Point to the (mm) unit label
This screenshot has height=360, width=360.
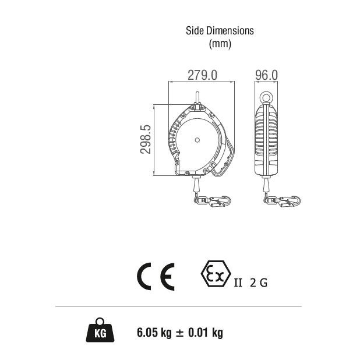pyautogui.click(x=220, y=43)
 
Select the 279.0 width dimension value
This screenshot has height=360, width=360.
pyautogui.click(x=202, y=75)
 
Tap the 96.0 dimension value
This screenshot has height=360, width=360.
pyautogui.click(x=266, y=75)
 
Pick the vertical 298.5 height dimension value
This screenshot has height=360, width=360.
pyautogui.click(x=146, y=139)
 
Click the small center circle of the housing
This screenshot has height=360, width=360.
pyautogui.click(x=197, y=140)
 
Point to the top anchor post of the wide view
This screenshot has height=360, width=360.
pyautogui.click(x=197, y=98)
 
